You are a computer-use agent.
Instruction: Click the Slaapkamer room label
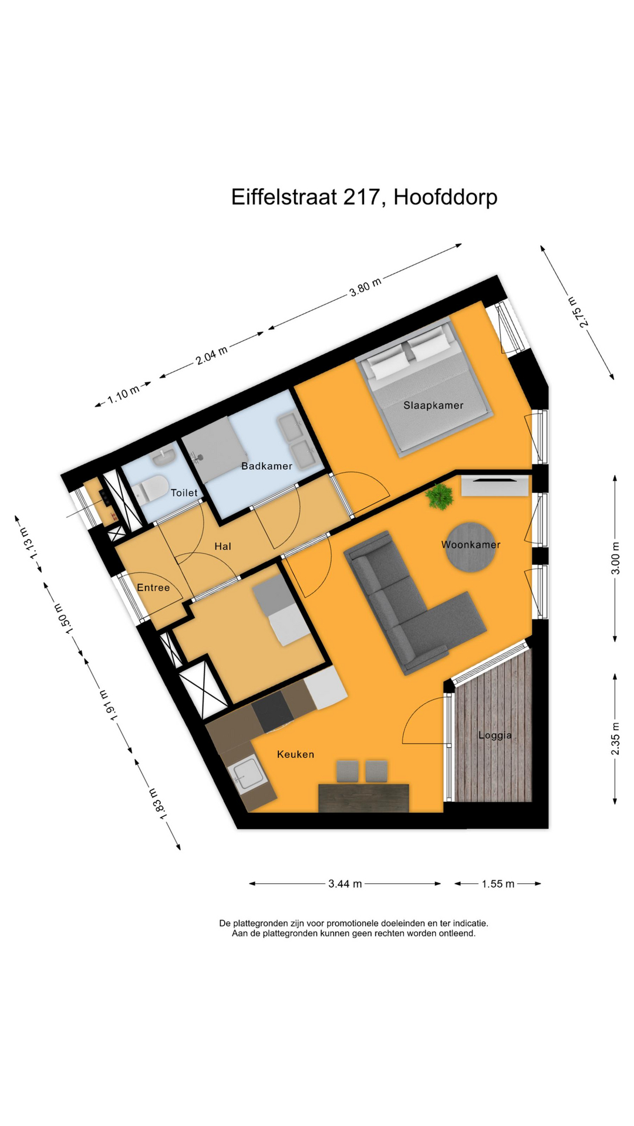(433, 405)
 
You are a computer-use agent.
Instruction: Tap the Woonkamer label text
(471, 545)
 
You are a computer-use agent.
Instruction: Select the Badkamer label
(267, 466)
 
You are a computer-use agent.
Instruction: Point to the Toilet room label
(184, 493)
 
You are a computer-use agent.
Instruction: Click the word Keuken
(295, 754)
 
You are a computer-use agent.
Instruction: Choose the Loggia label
(495, 735)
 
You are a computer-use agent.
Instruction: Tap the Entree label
(153, 588)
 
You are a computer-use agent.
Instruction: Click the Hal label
(222, 547)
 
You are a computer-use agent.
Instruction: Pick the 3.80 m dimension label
(365, 287)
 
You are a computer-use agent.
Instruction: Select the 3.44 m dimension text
(345, 884)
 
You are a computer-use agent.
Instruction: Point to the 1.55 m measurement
(498, 884)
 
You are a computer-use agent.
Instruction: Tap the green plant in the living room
(440, 497)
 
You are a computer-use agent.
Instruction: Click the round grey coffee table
(470, 547)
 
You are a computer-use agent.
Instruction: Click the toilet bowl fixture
(150, 489)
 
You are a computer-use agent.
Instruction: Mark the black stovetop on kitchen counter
(272, 711)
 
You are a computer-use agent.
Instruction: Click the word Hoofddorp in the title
(445, 197)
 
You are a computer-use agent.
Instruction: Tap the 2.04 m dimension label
(211, 355)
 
